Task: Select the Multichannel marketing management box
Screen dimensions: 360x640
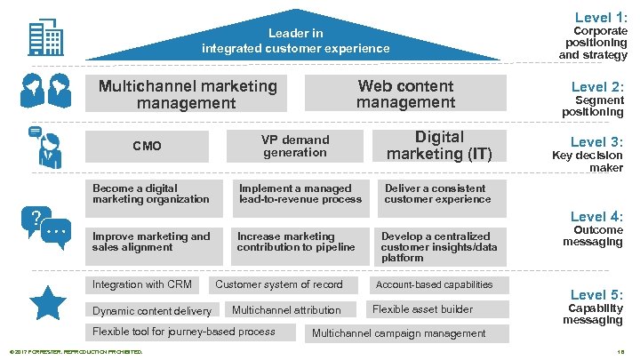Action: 188,95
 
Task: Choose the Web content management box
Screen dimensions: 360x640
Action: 405,94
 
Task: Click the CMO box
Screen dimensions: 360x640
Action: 147,146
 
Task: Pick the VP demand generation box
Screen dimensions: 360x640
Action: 295,146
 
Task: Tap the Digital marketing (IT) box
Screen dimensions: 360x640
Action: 439,146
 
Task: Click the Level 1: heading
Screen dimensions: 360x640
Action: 601,17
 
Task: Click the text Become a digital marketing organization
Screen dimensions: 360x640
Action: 151,194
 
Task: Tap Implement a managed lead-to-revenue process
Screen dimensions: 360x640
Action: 300,194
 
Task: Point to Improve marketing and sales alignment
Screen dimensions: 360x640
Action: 151,242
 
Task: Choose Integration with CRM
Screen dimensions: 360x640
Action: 142,284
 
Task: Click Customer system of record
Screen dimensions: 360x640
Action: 279,284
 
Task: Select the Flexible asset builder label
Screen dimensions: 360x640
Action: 422,309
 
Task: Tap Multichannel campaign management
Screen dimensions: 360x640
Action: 399,333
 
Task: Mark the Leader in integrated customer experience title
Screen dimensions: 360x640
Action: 295,41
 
